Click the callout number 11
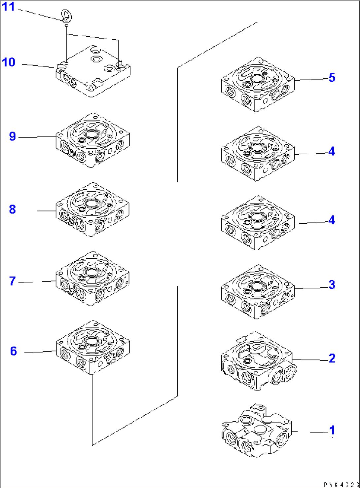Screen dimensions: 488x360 pos(9,7)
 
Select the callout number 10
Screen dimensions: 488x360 pos(9,62)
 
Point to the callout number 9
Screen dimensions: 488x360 pos(13,136)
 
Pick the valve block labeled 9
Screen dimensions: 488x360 pos(92,140)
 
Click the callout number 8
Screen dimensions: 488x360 pos(13,209)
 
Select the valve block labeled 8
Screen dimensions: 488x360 pos(92,209)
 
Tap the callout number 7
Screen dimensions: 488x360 pos(13,281)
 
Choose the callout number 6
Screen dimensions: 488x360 pos(13,351)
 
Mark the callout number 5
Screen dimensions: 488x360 pos(332,78)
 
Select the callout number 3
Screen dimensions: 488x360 pos(332,284)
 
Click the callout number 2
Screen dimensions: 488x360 pos(332,358)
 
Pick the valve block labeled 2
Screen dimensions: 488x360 pos(258,362)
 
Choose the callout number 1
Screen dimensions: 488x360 pos(332,430)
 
